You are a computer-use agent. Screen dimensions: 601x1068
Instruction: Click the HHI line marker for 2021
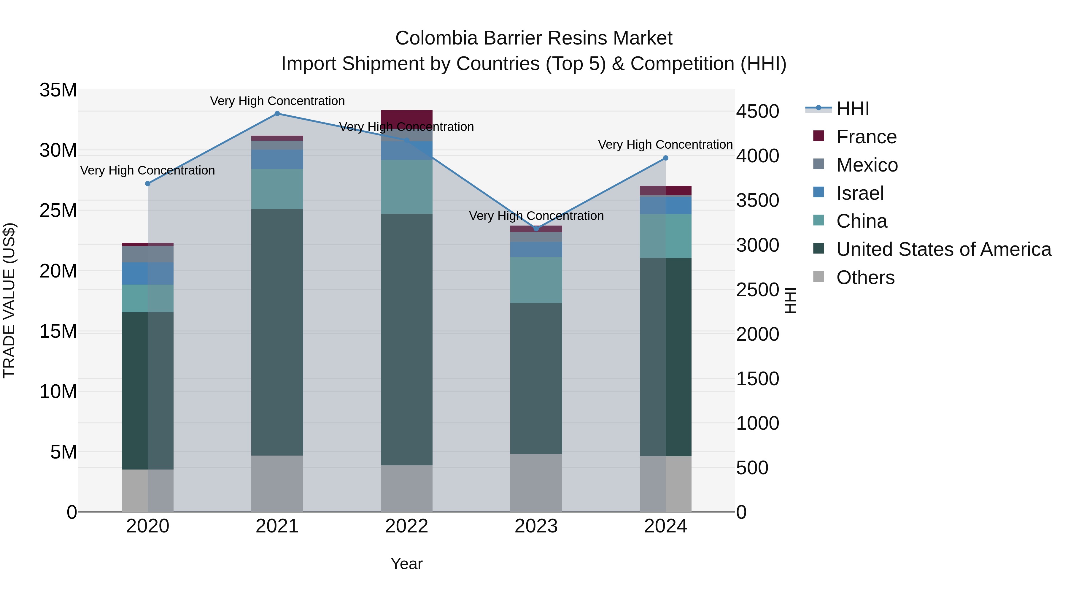click(x=277, y=114)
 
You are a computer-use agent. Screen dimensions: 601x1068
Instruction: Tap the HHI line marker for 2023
click(x=536, y=229)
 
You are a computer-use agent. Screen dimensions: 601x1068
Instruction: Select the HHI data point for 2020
click(x=148, y=184)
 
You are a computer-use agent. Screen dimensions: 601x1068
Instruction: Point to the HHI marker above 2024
click(x=665, y=158)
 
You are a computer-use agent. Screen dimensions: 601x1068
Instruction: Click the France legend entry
click(x=866, y=137)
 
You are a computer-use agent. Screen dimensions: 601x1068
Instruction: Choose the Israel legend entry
click(x=860, y=193)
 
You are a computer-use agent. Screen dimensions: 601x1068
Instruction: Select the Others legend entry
click(x=865, y=277)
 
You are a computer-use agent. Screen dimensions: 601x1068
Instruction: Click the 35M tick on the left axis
click(x=58, y=90)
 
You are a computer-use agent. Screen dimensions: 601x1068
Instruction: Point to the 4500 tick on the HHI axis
click(x=757, y=112)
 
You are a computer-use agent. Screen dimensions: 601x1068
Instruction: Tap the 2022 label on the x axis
click(x=406, y=526)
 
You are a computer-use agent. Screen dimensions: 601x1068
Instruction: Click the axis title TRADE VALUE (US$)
click(x=9, y=300)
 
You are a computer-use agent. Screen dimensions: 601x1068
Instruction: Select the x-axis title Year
click(x=406, y=564)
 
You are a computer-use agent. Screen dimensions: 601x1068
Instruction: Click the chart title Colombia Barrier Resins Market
click(x=534, y=38)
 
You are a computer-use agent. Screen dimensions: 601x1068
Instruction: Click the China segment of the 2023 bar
click(x=536, y=280)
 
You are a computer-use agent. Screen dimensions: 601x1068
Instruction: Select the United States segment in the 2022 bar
click(x=406, y=339)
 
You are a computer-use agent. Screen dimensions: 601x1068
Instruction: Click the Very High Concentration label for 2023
click(x=536, y=216)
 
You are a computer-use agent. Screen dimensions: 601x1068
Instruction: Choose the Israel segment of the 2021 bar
click(x=277, y=159)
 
